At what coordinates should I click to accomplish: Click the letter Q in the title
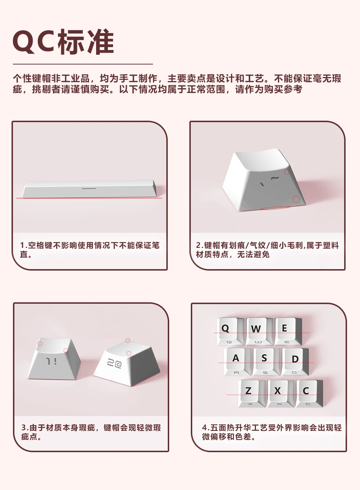(24, 42)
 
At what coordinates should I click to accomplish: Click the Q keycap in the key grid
(230, 331)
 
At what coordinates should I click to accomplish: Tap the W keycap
(260, 331)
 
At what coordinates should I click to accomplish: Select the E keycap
(288, 331)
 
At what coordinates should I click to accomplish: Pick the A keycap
(238, 362)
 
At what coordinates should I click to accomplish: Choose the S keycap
(266, 362)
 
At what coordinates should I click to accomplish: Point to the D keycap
(295, 362)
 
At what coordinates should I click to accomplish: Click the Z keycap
(252, 393)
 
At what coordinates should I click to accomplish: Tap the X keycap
(281, 393)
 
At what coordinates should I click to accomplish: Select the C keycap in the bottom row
(310, 393)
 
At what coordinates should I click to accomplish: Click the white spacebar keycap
(90, 189)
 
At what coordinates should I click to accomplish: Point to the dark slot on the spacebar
(89, 188)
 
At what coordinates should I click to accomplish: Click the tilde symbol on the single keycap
(275, 178)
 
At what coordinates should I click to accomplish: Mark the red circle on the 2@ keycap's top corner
(128, 340)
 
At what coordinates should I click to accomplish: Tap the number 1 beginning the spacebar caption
(22, 245)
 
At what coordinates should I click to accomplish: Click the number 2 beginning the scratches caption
(198, 245)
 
